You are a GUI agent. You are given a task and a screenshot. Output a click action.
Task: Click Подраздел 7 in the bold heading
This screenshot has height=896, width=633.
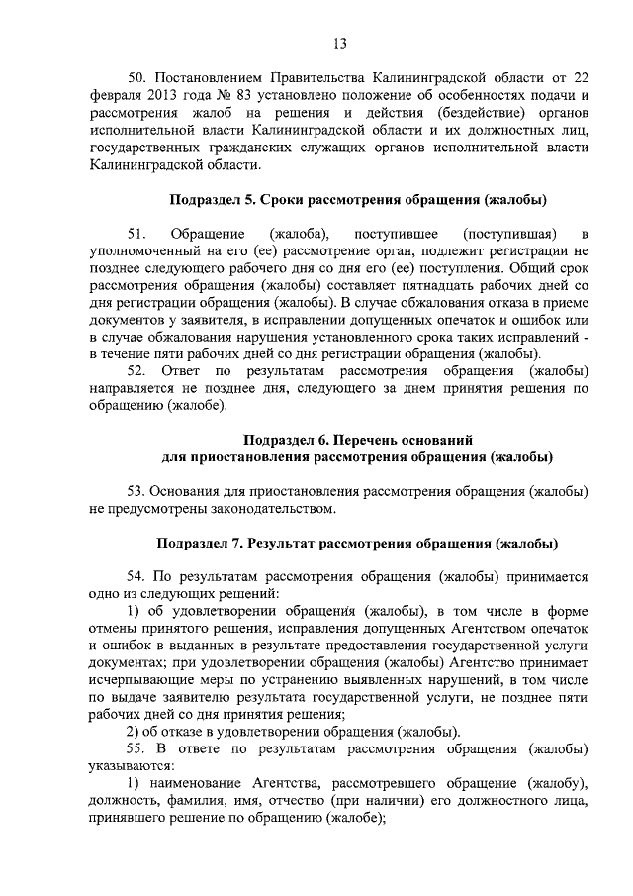[200, 544]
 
